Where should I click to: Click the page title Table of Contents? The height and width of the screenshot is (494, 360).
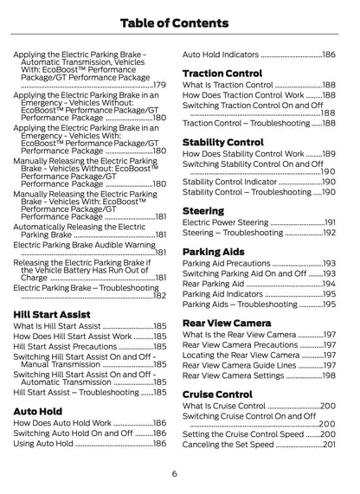pos(179,21)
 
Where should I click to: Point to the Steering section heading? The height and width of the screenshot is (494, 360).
pos(203,209)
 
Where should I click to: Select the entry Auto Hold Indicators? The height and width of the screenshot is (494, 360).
pos(220,54)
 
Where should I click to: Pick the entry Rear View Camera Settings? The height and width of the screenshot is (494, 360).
pos(234,375)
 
